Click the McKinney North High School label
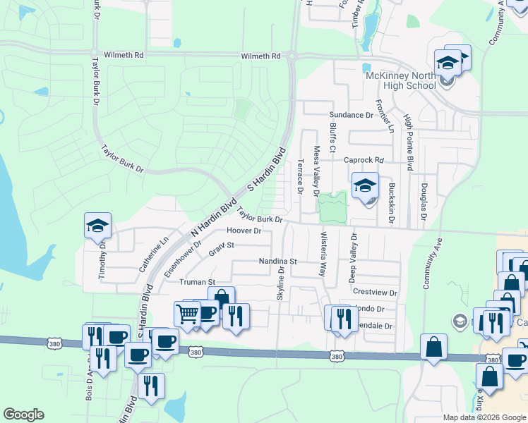(x=400, y=81)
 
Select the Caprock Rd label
(x=363, y=160)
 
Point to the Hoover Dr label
(x=244, y=231)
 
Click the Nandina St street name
(x=278, y=262)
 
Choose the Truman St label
(x=197, y=282)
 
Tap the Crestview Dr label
(x=375, y=292)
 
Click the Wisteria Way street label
(x=324, y=253)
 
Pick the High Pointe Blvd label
(x=409, y=143)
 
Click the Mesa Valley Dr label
(x=316, y=171)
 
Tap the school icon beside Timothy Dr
(x=97, y=226)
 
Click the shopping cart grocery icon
(x=188, y=313)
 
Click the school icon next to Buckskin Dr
(x=365, y=186)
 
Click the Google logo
(x=23, y=415)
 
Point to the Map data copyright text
(x=484, y=417)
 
